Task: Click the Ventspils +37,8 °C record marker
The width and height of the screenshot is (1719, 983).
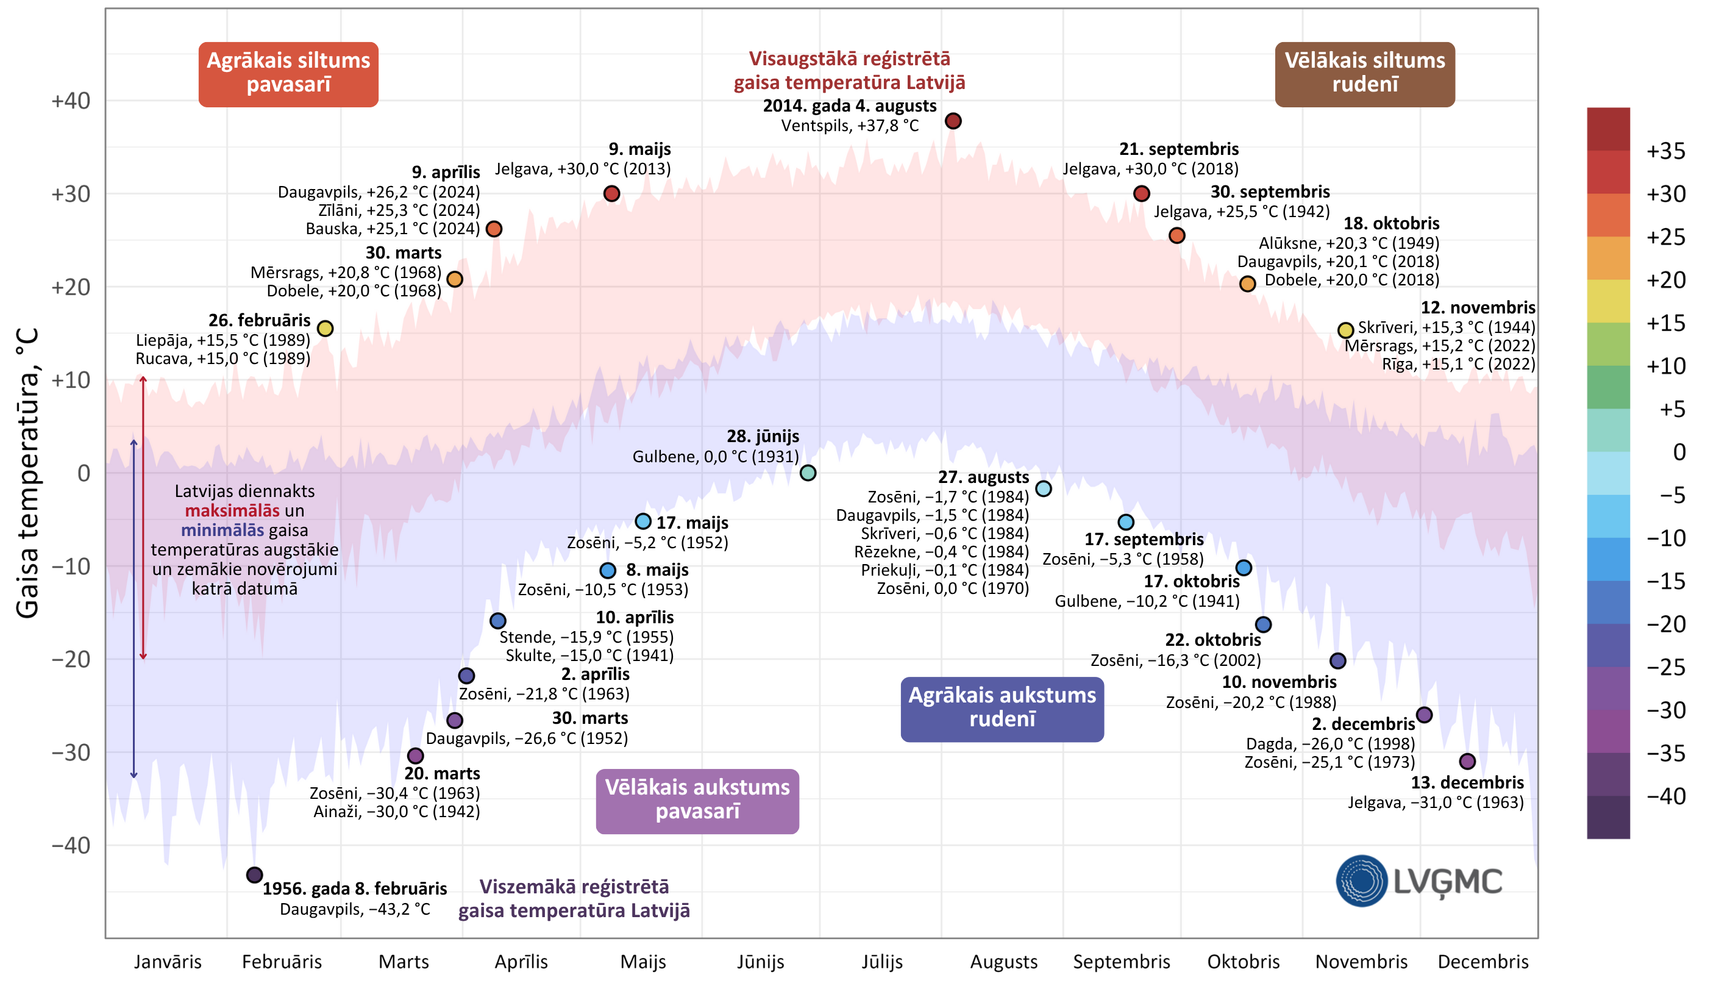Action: click(953, 121)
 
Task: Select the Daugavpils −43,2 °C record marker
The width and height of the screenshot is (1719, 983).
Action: click(254, 875)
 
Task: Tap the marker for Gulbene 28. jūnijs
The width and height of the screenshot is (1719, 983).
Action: click(808, 473)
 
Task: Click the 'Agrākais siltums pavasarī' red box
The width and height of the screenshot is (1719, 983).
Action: click(288, 74)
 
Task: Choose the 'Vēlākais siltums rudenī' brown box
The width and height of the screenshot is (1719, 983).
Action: click(1365, 74)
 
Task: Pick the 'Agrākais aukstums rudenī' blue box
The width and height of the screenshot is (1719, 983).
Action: click(1002, 709)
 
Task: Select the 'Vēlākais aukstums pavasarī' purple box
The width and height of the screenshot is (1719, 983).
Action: click(697, 801)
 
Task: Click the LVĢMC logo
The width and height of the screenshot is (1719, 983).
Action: click(1418, 881)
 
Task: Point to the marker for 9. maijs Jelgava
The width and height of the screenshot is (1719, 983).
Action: click(611, 194)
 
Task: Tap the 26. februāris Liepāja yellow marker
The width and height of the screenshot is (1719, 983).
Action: click(326, 329)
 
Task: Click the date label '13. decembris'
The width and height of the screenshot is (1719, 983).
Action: click(1467, 782)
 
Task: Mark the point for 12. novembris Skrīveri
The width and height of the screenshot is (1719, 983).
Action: click(1346, 330)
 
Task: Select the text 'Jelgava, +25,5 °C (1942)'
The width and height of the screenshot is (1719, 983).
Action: click(1241, 212)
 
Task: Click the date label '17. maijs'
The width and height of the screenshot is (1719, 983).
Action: click(692, 523)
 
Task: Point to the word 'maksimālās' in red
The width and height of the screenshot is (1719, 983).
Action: click(232, 511)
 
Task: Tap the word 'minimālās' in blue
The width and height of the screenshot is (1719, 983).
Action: click(222, 531)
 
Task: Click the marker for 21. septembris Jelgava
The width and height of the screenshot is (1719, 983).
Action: click(1142, 194)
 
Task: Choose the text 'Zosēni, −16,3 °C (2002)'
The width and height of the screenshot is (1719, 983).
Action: click(1176, 660)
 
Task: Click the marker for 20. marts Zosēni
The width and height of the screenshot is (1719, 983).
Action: click(416, 756)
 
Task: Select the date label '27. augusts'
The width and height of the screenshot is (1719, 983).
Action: click(983, 477)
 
